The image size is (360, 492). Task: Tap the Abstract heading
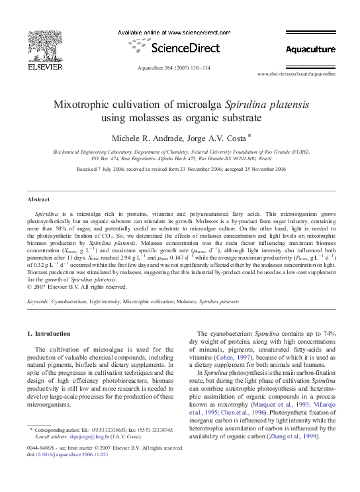[x=38, y=199]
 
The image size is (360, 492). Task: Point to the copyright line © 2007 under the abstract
[x=79, y=287]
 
